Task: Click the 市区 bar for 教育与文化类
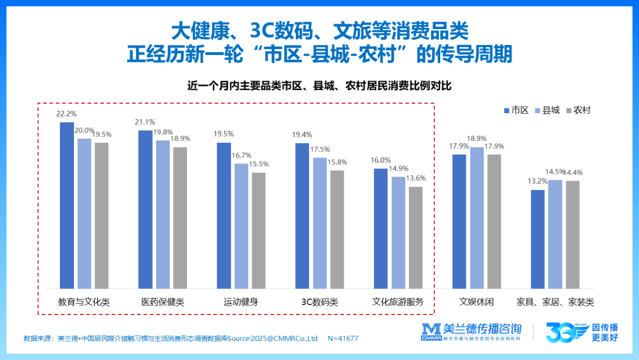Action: tap(67, 205)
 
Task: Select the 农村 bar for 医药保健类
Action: tap(180, 218)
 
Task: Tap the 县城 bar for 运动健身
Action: tap(241, 226)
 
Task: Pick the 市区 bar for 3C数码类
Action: tap(302, 216)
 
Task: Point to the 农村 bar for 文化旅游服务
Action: tap(415, 237)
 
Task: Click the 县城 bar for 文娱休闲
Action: tap(477, 218)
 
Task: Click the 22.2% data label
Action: tap(66, 113)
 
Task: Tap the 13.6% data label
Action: tap(416, 178)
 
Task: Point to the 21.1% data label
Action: tap(145, 122)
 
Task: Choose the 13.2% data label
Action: tap(538, 181)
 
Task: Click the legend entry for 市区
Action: tap(516, 110)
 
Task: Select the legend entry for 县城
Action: tap(547, 110)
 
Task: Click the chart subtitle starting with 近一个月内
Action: tap(319, 86)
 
